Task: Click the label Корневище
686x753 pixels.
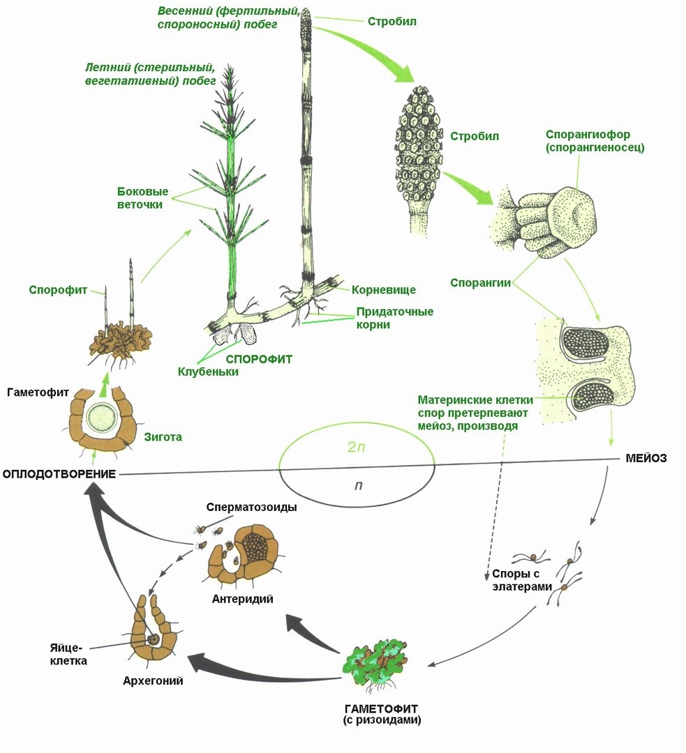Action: pos(384,289)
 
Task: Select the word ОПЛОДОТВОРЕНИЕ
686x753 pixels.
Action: pos(58,474)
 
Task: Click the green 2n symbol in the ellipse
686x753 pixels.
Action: pos(356,448)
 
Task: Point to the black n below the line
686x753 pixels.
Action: pos(357,484)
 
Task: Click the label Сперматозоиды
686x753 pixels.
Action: pos(252,507)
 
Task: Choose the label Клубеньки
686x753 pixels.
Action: pos(208,372)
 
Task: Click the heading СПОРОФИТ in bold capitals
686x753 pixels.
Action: pos(258,359)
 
